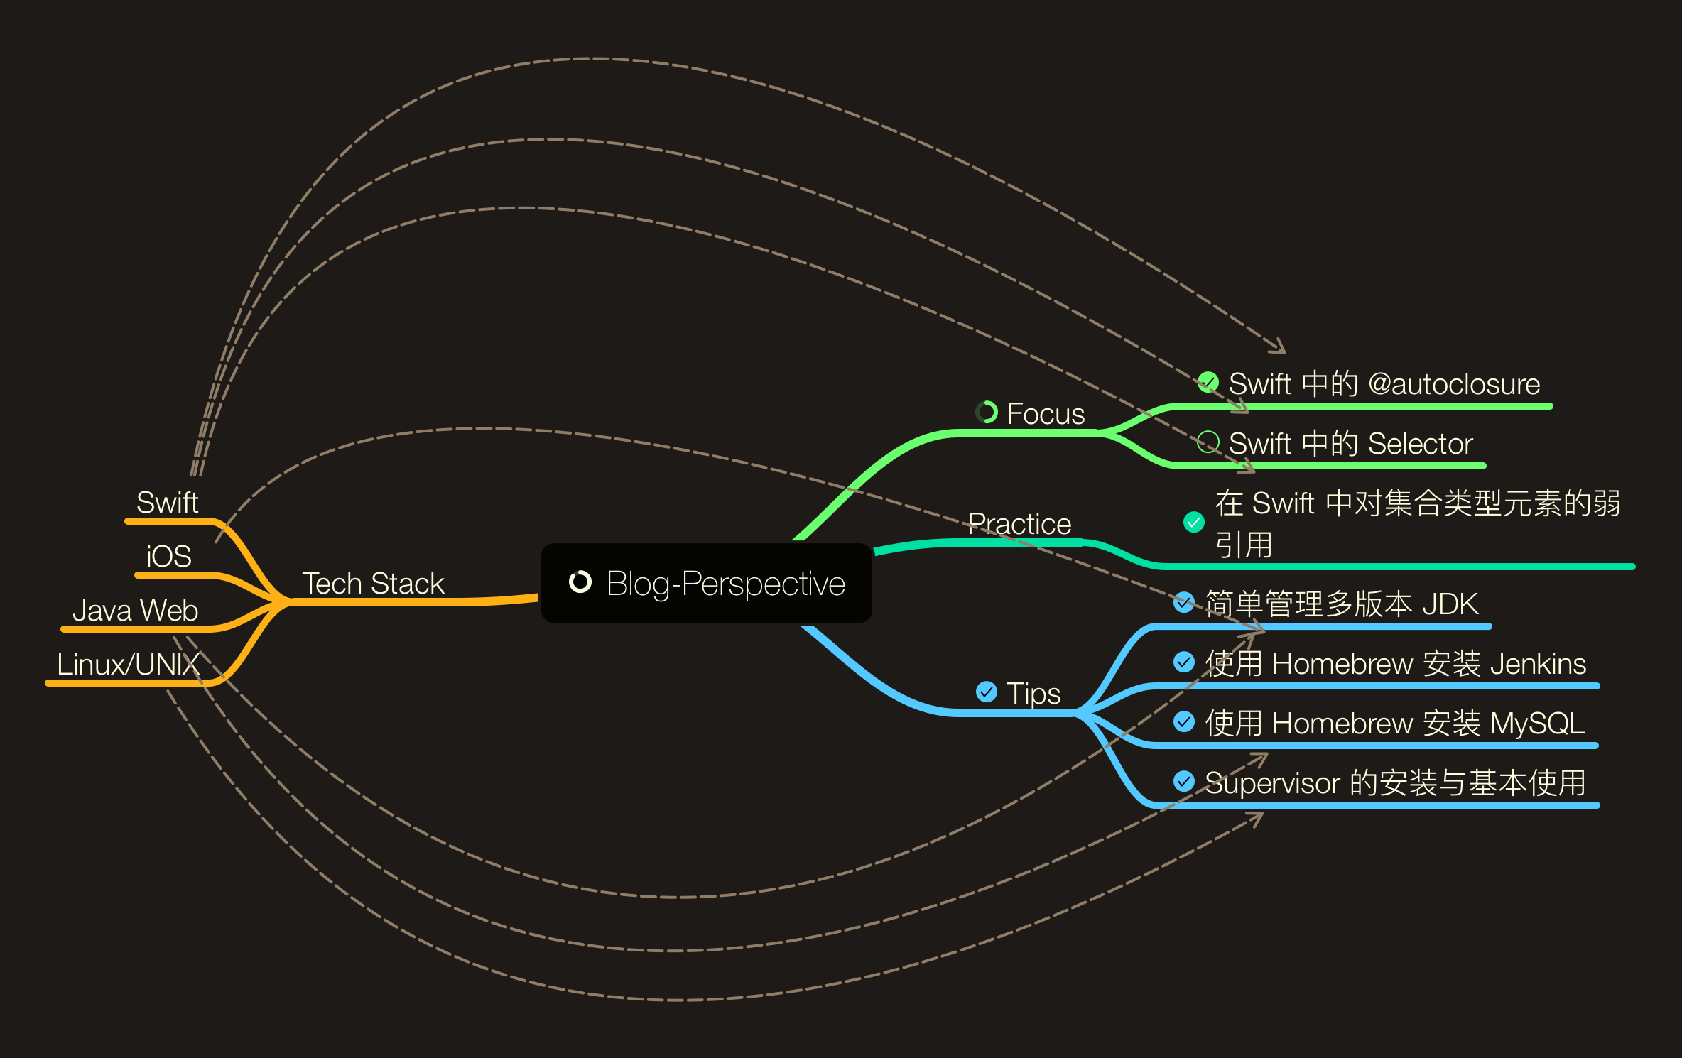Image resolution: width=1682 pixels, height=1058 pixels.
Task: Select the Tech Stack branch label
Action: pos(373,584)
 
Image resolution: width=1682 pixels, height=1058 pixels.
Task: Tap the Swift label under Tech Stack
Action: pos(167,503)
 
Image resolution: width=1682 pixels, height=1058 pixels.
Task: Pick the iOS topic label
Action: pos(168,556)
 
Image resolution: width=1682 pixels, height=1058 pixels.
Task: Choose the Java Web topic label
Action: pos(135,611)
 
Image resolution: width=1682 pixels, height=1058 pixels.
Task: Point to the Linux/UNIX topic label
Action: pos(128,665)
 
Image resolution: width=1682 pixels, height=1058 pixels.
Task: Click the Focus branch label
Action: pos(1046,413)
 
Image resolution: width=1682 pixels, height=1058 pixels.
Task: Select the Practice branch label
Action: pos(1019,524)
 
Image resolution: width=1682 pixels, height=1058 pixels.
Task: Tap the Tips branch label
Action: pos(1033,693)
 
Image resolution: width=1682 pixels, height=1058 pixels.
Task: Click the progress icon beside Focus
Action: pos(987,412)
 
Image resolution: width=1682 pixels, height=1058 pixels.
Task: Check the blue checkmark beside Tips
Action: pos(987,692)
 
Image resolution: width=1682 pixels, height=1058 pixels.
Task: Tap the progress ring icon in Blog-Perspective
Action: pos(580,582)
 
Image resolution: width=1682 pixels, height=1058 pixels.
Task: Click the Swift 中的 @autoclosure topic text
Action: pos(1384,384)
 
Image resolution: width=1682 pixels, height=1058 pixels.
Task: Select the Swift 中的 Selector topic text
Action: pos(1350,444)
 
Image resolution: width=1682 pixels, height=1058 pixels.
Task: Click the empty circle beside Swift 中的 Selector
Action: pos(1208,442)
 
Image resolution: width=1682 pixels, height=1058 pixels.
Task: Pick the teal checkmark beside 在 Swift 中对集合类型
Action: pos(1194,522)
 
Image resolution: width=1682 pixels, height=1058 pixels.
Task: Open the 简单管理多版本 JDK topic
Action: pos(1341,604)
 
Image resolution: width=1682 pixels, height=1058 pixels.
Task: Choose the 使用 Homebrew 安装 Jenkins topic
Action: pos(1395,664)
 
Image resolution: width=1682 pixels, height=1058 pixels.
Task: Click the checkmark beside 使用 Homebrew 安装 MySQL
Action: pos(1184,722)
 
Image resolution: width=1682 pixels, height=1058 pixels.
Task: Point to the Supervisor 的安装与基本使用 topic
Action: pos(1395,783)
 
